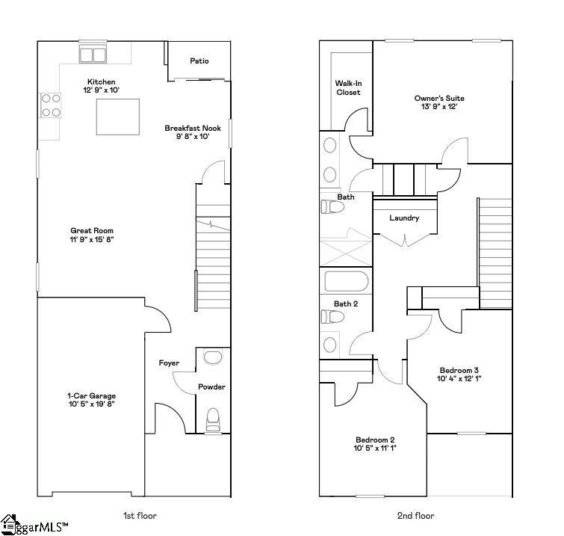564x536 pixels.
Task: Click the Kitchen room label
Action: [x=102, y=81]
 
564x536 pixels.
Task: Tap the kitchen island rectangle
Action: [x=119, y=117]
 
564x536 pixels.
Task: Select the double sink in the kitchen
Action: [x=93, y=54]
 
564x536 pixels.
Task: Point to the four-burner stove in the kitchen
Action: [x=51, y=105]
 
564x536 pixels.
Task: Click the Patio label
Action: [x=199, y=61]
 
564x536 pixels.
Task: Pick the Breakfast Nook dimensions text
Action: [x=193, y=137]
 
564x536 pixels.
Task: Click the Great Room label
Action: [x=92, y=231]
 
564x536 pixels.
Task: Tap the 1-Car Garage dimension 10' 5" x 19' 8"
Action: [x=92, y=404]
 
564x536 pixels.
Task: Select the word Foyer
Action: [x=169, y=363]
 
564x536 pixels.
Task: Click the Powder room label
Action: [x=211, y=387]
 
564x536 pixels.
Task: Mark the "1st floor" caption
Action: [x=140, y=515]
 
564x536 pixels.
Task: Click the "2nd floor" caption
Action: [x=416, y=515]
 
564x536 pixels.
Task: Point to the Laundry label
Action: [x=404, y=218]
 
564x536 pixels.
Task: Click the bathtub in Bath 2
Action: [x=347, y=283]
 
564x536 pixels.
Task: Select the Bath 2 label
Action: [x=346, y=304]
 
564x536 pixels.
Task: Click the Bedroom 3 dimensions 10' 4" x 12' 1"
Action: [x=459, y=380]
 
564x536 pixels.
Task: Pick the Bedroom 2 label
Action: [x=375, y=440]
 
